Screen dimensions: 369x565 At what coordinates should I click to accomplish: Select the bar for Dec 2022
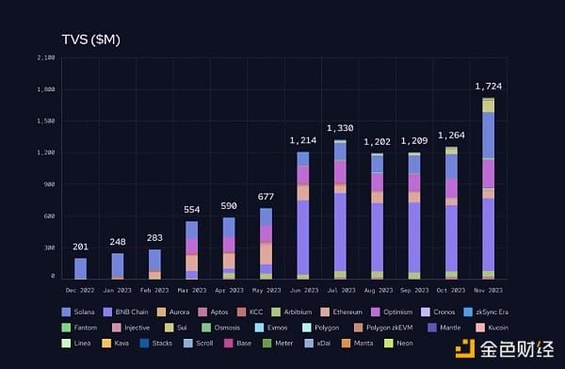[x=80, y=268]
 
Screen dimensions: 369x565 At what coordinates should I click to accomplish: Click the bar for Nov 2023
[x=489, y=188]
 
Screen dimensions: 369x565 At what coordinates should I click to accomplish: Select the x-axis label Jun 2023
[x=302, y=289]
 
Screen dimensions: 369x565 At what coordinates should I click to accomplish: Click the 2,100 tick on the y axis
[x=45, y=57]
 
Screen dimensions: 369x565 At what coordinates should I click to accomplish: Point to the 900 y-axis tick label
[x=49, y=184]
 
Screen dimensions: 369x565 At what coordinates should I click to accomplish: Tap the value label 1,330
[x=340, y=128]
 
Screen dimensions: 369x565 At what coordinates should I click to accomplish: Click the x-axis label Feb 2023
[x=154, y=289]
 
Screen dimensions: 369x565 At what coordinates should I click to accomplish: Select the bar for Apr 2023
[x=229, y=248]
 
